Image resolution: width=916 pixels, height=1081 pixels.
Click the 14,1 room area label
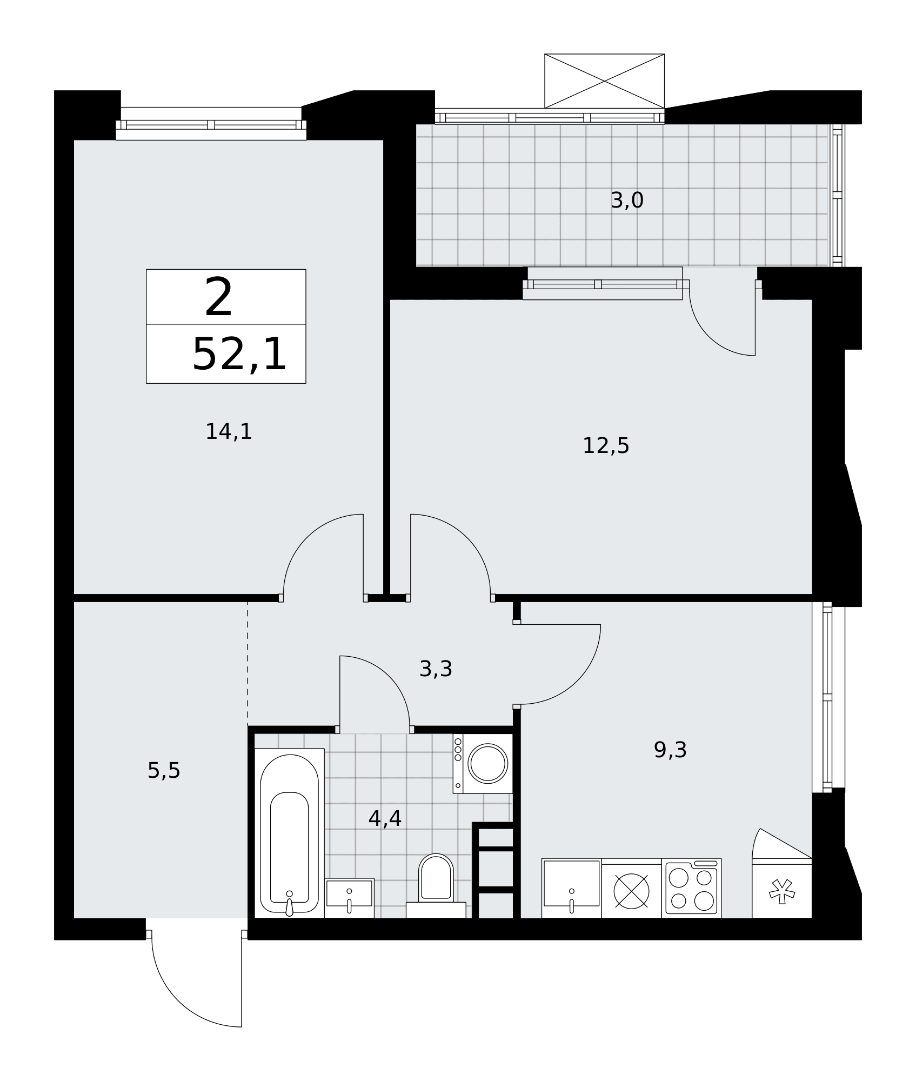pos(229,432)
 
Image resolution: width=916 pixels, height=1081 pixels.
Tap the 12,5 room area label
pos(606,446)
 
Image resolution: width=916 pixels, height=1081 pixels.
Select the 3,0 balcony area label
pos(627,201)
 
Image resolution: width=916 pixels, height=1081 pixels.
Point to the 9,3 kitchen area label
pos(670,750)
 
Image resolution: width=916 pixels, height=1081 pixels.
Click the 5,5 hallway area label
pos(164,771)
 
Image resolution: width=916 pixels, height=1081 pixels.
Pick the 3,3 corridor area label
pos(436,669)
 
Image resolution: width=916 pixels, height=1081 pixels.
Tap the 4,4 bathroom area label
pos(385,818)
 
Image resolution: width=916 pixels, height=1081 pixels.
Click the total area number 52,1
pos(239,354)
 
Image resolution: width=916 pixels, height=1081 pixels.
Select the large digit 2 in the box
pos(219,297)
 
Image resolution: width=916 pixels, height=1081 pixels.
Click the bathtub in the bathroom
pos(289,833)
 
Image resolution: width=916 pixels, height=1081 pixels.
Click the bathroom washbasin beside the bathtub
pos(349,898)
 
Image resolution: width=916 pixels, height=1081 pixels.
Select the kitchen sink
pos(571,888)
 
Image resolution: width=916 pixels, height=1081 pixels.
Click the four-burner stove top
pos(691,888)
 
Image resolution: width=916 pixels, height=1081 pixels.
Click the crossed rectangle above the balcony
pos(604,81)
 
